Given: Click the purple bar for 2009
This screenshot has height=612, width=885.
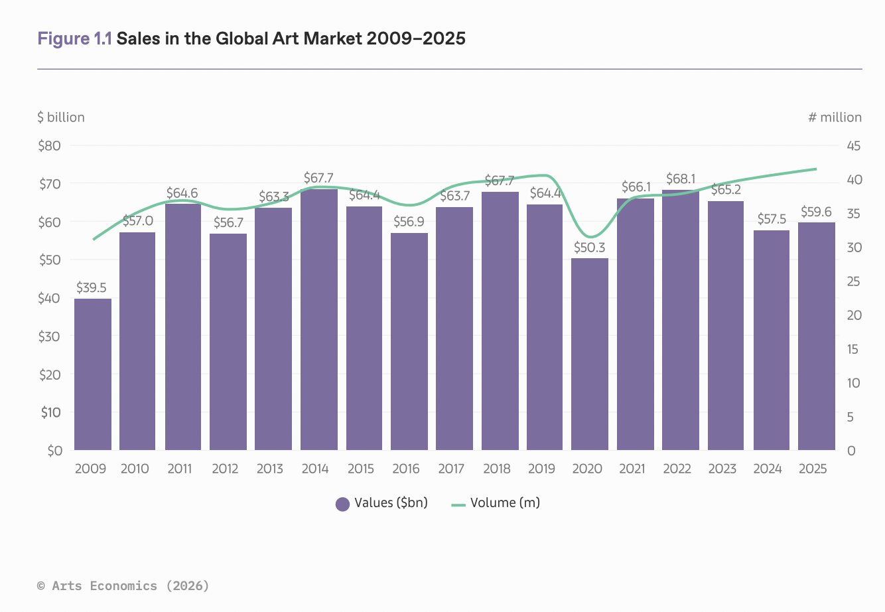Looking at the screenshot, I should click(x=92, y=374).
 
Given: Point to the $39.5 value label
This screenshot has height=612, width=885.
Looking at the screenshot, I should click(x=92, y=288).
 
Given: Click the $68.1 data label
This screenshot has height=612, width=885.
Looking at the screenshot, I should click(x=681, y=179).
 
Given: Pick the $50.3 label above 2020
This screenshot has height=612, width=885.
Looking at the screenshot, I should click(x=589, y=248).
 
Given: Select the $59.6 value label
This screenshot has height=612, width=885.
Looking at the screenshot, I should click(x=816, y=212).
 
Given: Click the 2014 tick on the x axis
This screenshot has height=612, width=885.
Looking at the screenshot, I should click(x=315, y=469).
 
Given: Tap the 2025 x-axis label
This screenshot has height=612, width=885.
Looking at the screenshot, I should click(x=813, y=469).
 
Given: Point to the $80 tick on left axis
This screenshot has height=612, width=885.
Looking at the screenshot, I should click(x=50, y=146).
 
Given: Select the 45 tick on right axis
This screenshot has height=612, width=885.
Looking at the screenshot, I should click(x=854, y=146).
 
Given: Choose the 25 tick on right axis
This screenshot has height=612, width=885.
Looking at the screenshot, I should click(x=854, y=281).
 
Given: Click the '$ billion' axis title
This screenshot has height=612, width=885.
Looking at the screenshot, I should click(x=61, y=117).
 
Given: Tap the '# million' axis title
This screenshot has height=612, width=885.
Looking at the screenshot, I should click(x=835, y=117).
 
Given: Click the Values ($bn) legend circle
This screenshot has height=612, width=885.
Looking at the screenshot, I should click(x=342, y=504).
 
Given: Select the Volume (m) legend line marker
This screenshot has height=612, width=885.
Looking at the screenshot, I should click(x=458, y=504).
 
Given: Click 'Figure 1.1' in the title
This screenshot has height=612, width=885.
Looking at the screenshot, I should click(x=74, y=38).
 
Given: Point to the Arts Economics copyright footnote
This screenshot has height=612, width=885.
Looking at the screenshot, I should click(x=123, y=585).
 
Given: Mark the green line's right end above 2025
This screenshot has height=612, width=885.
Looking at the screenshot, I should click(x=816, y=169).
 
